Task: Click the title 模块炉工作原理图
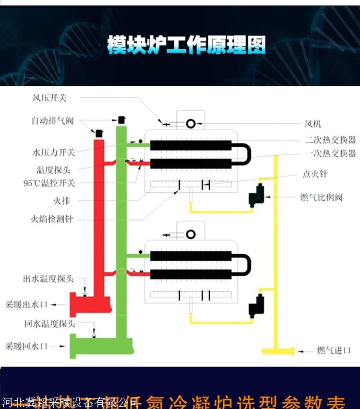186,46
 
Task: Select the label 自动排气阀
53,121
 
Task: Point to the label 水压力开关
54,153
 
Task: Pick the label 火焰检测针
53,219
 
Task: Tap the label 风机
313,124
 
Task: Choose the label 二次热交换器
331,140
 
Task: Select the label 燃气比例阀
322,197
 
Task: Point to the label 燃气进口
334,351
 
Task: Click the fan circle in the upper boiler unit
191,124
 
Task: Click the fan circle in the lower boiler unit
191,234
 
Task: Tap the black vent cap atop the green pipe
121,119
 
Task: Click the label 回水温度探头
49,324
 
